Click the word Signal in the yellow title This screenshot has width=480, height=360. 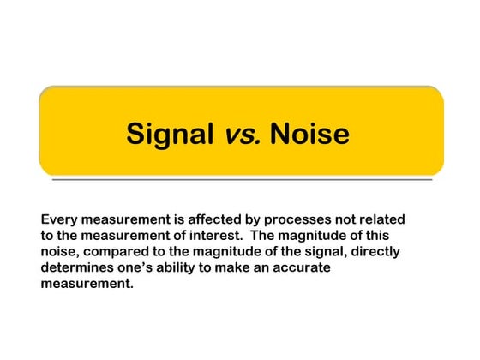(171, 134)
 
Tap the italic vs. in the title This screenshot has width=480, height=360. (243, 134)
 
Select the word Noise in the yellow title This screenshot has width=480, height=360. (309, 134)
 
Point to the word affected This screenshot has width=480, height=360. (208, 219)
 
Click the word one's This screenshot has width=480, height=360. (144, 268)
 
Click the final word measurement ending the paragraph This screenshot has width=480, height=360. (87, 285)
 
